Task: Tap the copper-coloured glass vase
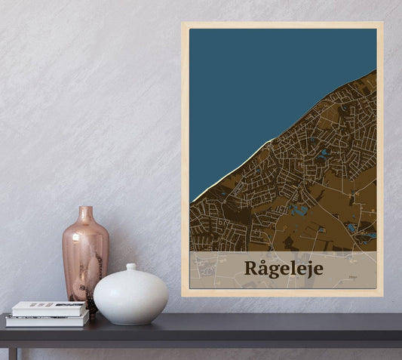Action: point(85,253)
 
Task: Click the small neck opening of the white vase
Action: point(130,266)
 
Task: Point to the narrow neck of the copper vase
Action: point(86,214)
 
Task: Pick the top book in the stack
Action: point(49,308)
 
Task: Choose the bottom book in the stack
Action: point(47,319)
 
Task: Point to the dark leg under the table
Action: point(13,353)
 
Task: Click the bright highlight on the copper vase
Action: point(73,249)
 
